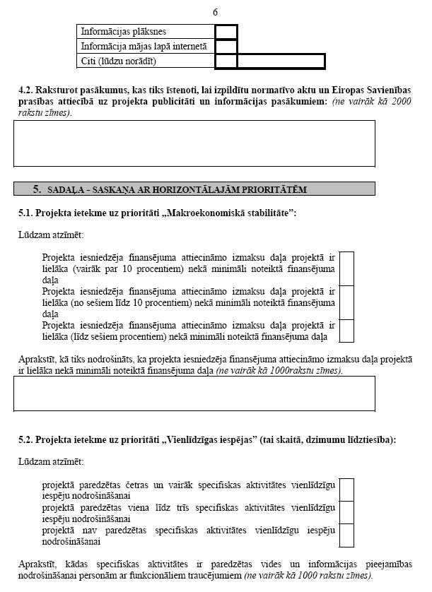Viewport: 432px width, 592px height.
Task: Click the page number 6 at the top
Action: click(x=215, y=12)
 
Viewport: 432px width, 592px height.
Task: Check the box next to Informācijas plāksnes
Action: click(x=226, y=32)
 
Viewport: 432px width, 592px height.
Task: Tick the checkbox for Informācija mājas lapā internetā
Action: click(x=226, y=47)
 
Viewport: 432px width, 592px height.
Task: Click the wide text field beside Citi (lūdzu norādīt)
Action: click(x=281, y=61)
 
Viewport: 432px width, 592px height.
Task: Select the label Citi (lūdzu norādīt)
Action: click(x=118, y=61)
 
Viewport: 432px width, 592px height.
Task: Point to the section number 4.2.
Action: click(x=25, y=92)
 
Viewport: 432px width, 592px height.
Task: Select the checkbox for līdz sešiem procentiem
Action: click(x=346, y=331)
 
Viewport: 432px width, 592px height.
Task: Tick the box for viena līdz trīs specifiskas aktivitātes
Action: click(x=346, y=512)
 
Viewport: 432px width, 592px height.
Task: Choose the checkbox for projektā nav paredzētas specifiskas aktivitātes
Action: click(x=346, y=535)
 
